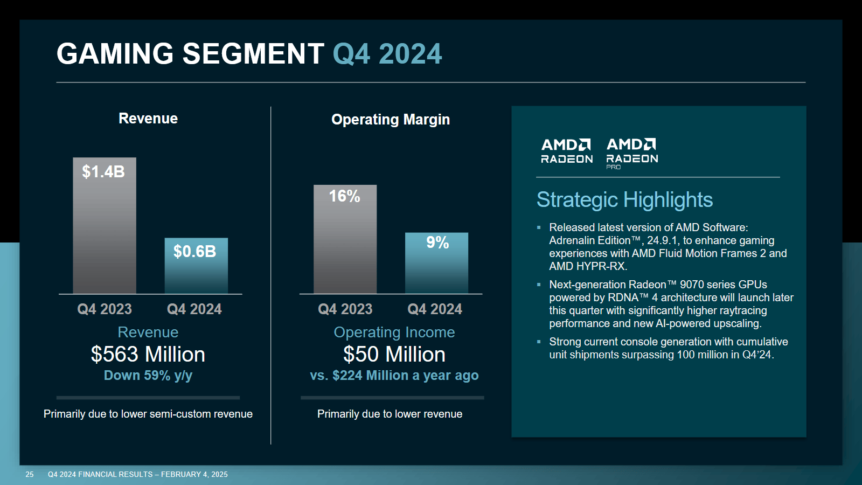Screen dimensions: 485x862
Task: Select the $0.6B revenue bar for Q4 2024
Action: click(x=196, y=266)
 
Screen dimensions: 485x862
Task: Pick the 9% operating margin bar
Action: click(x=436, y=264)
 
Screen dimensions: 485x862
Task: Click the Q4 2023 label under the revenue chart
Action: click(x=105, y=309)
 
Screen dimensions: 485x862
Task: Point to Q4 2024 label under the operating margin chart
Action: click(x=435, y=309)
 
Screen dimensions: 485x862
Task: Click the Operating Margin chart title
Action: click(x=391, y=120)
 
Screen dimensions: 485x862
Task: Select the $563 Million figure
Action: click(x=148, y=355)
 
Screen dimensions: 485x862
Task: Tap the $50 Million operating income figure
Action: click(x=394, y=355)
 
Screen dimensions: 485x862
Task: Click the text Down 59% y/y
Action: click(x=148, y=376)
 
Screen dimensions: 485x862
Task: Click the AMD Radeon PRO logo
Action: click(x=632, y=153)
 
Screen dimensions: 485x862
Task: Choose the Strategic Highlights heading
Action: click(x=624, y=200)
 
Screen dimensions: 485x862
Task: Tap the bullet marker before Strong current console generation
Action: click(x=539, y=342)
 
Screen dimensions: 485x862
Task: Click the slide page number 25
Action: click(x=30, y=474)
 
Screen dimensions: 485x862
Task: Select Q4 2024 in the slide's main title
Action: click(x=387, y=54)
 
